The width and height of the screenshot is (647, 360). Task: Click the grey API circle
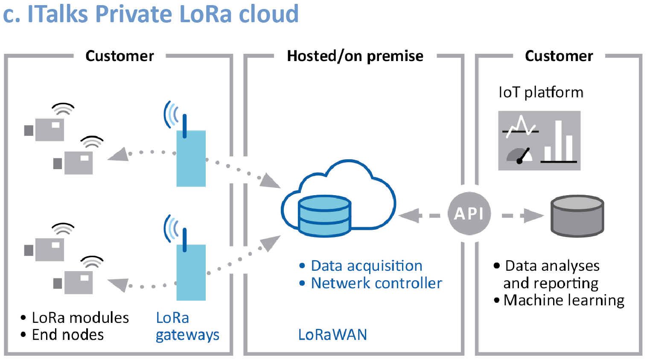[469, 213]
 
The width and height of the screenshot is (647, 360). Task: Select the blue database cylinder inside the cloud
[325, 216]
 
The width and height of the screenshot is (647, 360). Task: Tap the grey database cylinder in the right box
[577, 216]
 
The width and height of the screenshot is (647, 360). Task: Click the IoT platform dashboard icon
[539, 140]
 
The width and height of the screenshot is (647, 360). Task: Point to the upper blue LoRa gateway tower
[191, 158]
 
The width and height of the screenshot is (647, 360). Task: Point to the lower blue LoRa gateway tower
[191, 272]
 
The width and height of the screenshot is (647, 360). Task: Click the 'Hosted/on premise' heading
[355, 56]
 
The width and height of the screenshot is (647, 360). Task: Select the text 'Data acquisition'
[366, 266]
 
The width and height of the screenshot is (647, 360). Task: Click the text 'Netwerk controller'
[376, 283]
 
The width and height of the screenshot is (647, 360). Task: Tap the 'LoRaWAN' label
[332, 334]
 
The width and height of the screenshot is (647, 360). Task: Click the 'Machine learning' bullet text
[563, 300]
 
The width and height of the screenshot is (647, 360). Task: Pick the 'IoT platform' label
[541, 92]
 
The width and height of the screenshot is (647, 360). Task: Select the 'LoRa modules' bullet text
[80, 318]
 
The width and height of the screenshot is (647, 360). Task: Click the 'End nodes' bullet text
[68, 335]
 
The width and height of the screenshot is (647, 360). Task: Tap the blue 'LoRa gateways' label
[187, 327]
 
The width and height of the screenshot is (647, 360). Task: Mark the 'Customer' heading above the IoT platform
[559, 56]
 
